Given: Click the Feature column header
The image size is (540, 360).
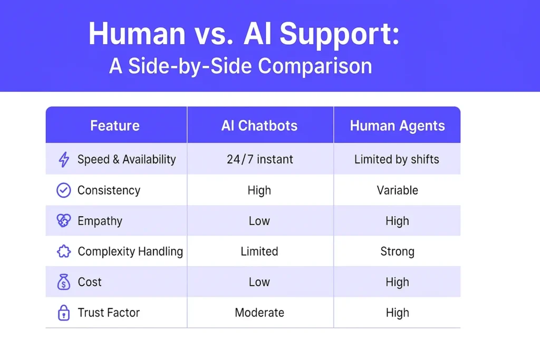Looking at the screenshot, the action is click(114, 125).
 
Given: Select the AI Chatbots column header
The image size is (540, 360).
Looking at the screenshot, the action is click(259, 125).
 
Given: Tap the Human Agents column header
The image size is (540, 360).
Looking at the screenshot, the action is click(397, 126).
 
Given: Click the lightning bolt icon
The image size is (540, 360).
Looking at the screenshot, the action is click(64, 159).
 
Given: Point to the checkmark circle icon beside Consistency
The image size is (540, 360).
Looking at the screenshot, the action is click(64, 190).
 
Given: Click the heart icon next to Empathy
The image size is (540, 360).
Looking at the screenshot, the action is click(64, 221).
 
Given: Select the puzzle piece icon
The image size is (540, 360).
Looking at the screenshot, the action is click(64, 251).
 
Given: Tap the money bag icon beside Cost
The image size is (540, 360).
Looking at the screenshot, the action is click(64, 282).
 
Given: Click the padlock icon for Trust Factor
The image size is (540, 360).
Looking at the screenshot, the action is click(64, 313).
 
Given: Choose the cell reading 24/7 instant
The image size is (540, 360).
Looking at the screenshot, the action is click(260, 159).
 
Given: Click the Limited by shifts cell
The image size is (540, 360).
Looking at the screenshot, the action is click(397, 159).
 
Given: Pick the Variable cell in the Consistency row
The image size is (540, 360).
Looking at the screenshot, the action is click(398, 190).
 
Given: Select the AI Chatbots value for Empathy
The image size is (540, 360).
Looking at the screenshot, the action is click(259, 221).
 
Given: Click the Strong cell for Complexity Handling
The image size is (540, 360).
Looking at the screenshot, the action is click(398, 251).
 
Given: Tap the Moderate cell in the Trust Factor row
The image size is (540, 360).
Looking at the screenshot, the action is click(259, 313).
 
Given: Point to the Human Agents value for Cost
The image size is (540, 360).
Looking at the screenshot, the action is click(398, 282).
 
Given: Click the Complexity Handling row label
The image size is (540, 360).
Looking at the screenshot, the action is click(130, 251).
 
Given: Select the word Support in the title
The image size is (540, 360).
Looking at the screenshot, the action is click(339, 34).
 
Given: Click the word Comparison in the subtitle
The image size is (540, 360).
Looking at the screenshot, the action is click(315, 66).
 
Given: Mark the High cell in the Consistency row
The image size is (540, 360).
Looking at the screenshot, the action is click(259, 190).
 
